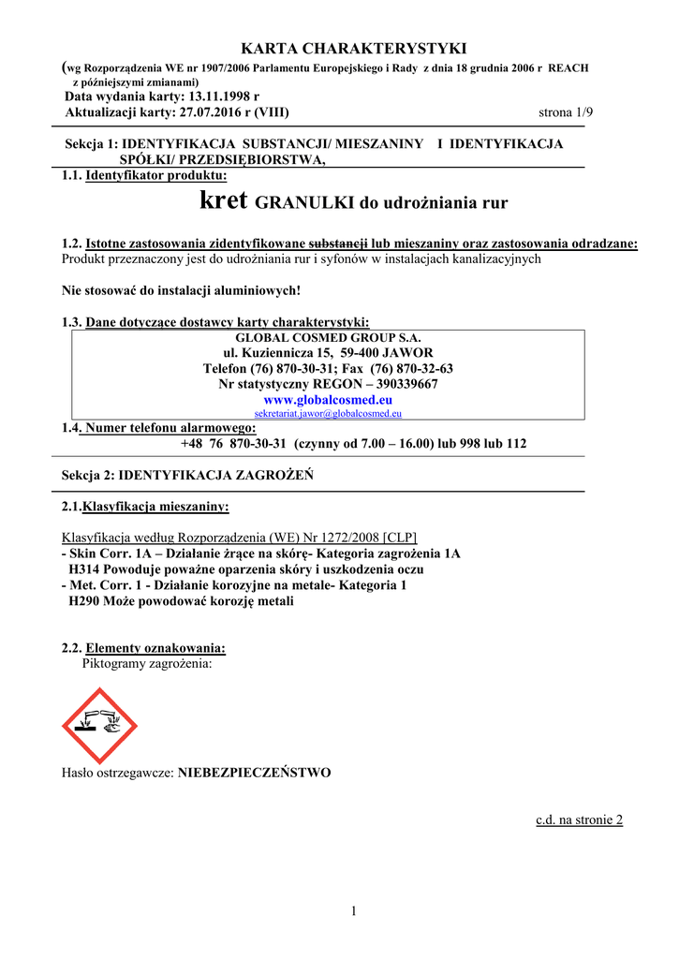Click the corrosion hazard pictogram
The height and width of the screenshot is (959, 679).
pos(99,725)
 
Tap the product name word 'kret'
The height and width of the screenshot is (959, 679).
pos(224,199)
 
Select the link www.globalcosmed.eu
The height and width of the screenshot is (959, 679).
pos(328,399)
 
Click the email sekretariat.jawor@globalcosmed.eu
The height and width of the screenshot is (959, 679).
pos(328,413)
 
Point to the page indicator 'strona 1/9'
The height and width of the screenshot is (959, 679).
pos(567,112)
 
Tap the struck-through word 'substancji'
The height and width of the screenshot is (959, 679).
pos(338,243)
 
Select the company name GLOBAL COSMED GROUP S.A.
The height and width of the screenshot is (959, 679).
pos(328,337)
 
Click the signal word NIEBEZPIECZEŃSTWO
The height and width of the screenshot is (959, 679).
pos(254,774)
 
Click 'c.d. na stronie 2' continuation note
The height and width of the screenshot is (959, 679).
pos(579,820)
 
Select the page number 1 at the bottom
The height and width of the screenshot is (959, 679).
pos(355,911)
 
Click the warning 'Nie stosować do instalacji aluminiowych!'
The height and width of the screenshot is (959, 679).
pos(181,290)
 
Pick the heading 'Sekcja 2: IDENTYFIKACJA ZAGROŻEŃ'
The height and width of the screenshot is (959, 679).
pos(187,476)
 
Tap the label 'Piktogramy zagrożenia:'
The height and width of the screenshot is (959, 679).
pos(147,664)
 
